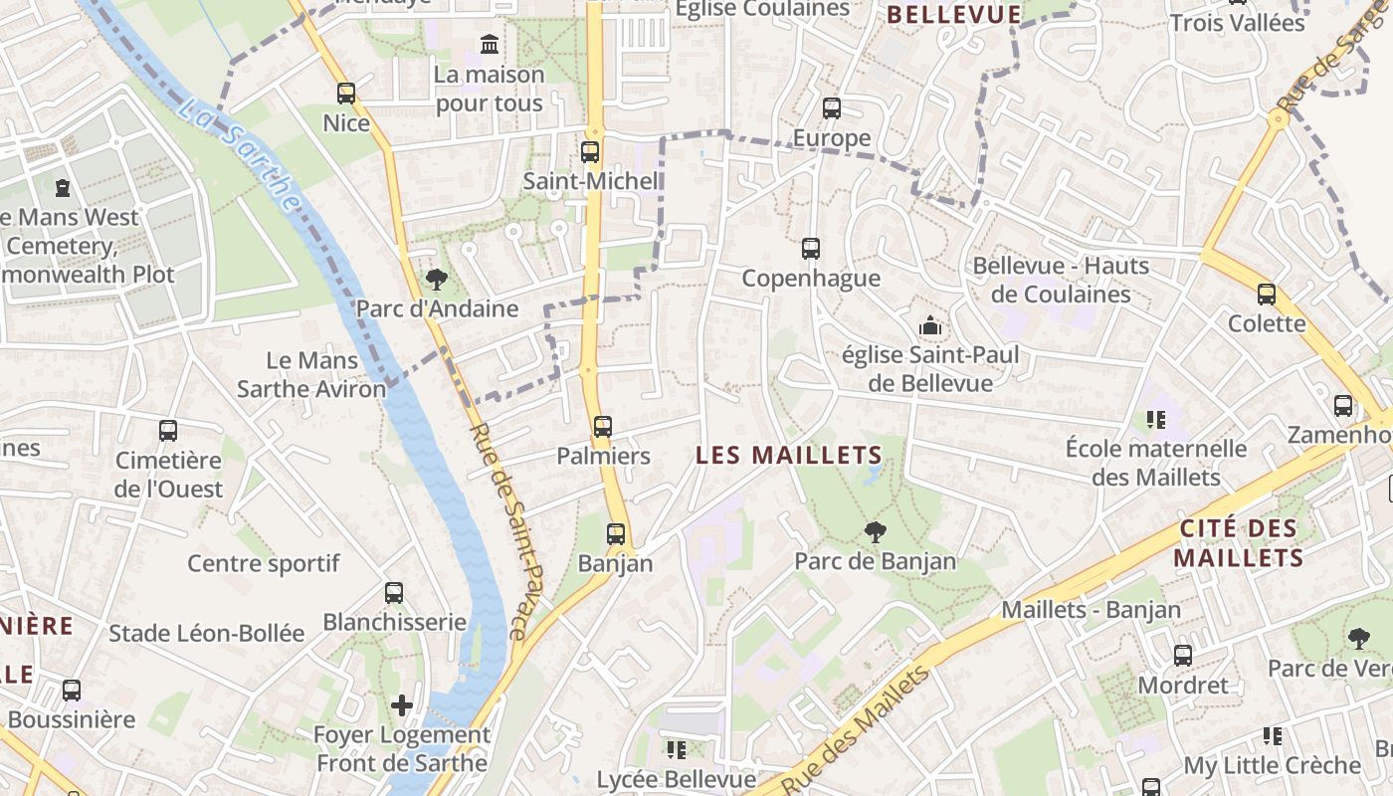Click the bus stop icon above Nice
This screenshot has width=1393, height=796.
coord(346,94)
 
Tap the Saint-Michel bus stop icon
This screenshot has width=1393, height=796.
coord(590,152)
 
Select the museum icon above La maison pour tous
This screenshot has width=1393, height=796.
coord(490,45)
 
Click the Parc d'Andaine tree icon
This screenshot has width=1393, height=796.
coord(436,280)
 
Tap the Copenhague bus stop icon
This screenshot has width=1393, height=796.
coord(811,249)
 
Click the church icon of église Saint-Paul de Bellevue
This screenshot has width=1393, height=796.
coord(930,325)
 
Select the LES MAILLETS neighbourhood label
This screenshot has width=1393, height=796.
coord(789,456)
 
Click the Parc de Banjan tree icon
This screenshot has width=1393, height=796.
coord(876,532)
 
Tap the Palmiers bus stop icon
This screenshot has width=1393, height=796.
coord(603,427)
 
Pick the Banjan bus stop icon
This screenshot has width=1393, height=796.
coord(616,534)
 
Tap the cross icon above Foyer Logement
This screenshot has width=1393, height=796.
coord(402,705)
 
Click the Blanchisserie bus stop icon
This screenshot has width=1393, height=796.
coord(394,593)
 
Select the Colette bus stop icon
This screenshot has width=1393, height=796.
coord(1267,295)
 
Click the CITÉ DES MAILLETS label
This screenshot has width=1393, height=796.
coord(1239,543)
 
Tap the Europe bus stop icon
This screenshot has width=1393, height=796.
coord(832,108)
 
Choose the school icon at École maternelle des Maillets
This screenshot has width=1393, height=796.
coord(1156,420)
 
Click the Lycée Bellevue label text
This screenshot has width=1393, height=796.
coord(677,779)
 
